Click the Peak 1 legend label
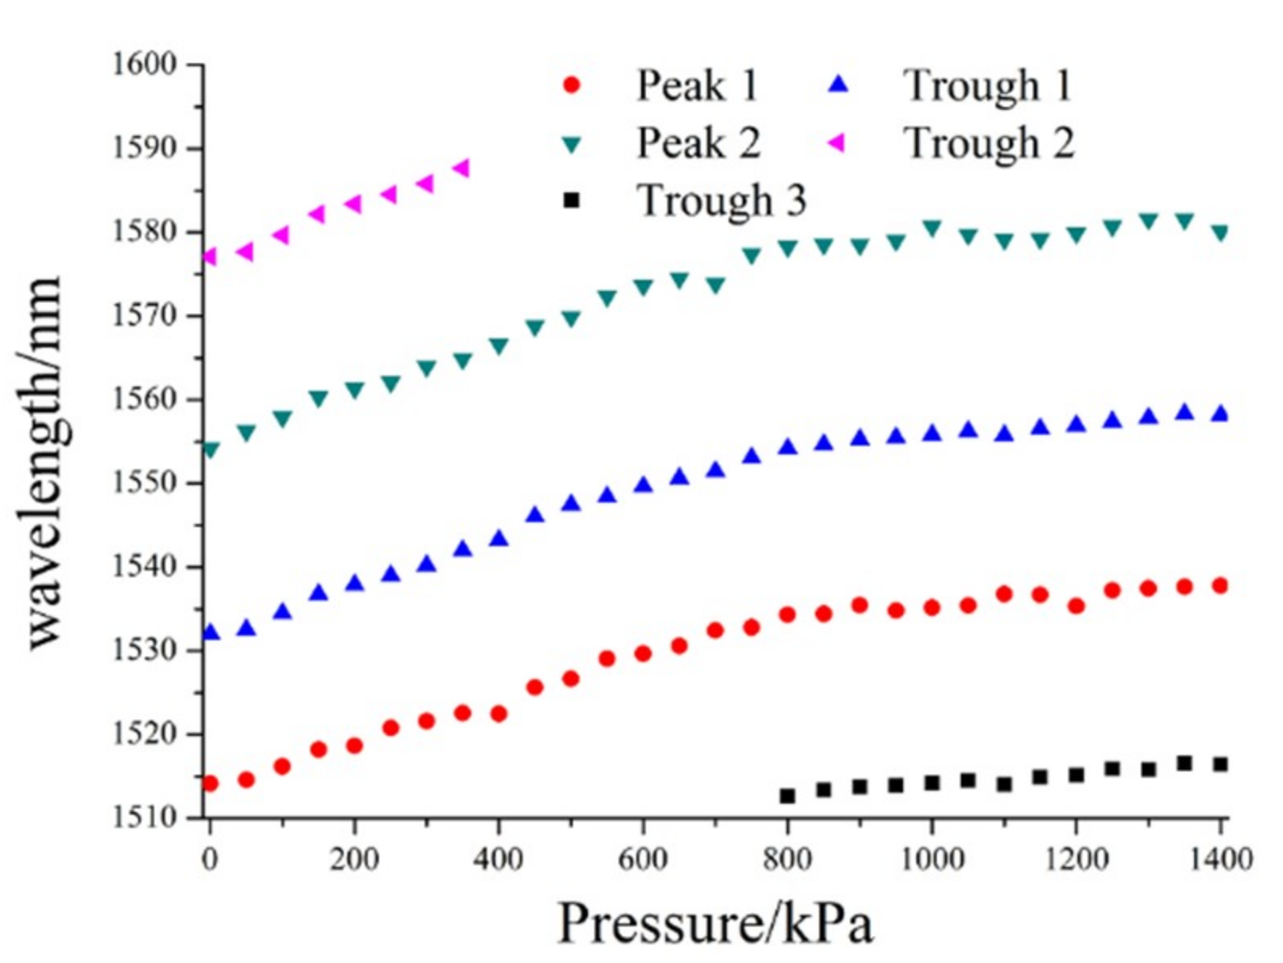698,85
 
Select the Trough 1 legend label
987,85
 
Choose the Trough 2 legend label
989,143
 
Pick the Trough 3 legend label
722,201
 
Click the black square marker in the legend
572,201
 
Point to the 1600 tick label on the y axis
144,65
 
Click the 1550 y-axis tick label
144,484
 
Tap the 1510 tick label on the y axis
144,817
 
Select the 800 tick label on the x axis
787,859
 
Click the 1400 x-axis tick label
1219,859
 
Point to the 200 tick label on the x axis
354,859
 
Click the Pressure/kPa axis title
715,923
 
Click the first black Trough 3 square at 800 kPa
787,796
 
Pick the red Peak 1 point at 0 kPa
210,783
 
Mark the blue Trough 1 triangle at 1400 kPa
1220,413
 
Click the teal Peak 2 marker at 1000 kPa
931,229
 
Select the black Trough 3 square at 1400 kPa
1220,764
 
